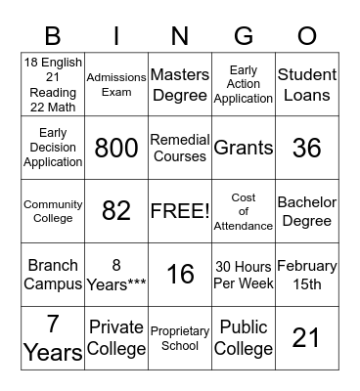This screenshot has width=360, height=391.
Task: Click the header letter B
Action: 53,37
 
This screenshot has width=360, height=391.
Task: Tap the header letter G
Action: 244,37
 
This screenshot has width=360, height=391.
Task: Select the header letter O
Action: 307,37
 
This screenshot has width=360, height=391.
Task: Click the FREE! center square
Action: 180,211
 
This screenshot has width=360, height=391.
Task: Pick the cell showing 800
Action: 116,149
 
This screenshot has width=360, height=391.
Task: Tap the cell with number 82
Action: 116,211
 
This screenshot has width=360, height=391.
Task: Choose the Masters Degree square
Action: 180,84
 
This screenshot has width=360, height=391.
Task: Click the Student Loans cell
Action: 307,84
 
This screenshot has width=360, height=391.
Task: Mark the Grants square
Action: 244,149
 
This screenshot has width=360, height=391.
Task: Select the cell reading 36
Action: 307,149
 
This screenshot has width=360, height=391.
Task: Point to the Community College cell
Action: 53,211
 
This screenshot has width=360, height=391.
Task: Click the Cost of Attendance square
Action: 244,211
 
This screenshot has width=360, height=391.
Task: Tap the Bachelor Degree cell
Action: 307,211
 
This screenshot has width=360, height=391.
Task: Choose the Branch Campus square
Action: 53,275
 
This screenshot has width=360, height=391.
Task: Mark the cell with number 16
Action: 180,275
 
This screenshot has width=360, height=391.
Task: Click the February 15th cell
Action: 307,275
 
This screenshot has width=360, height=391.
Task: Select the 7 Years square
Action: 53,337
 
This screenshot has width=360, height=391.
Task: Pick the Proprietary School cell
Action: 180,337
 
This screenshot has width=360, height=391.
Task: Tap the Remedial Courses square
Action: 180,149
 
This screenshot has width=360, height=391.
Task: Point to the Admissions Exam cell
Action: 116,84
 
